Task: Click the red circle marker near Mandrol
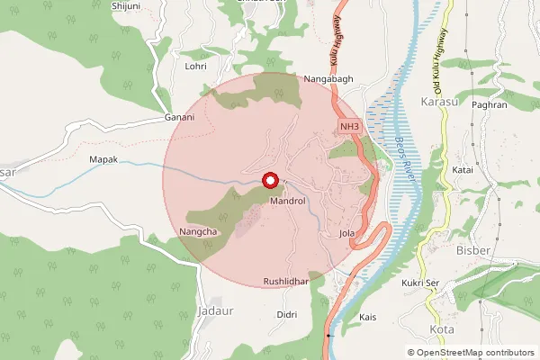(x=270, y=181)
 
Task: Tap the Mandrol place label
(x=289, y=202)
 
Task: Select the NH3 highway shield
(x=349, y=129)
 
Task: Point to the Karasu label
(x=439, y=102)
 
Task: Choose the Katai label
(x=463, y=168)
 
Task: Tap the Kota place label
(x=442, y=329)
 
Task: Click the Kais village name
(x=367, y=318)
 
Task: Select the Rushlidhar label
(x=286, y=282)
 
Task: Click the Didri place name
(x=287, y=314)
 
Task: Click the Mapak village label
(x=105, y=159)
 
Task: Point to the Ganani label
(x=179, y=118)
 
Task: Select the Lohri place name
(x=196, y=66)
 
